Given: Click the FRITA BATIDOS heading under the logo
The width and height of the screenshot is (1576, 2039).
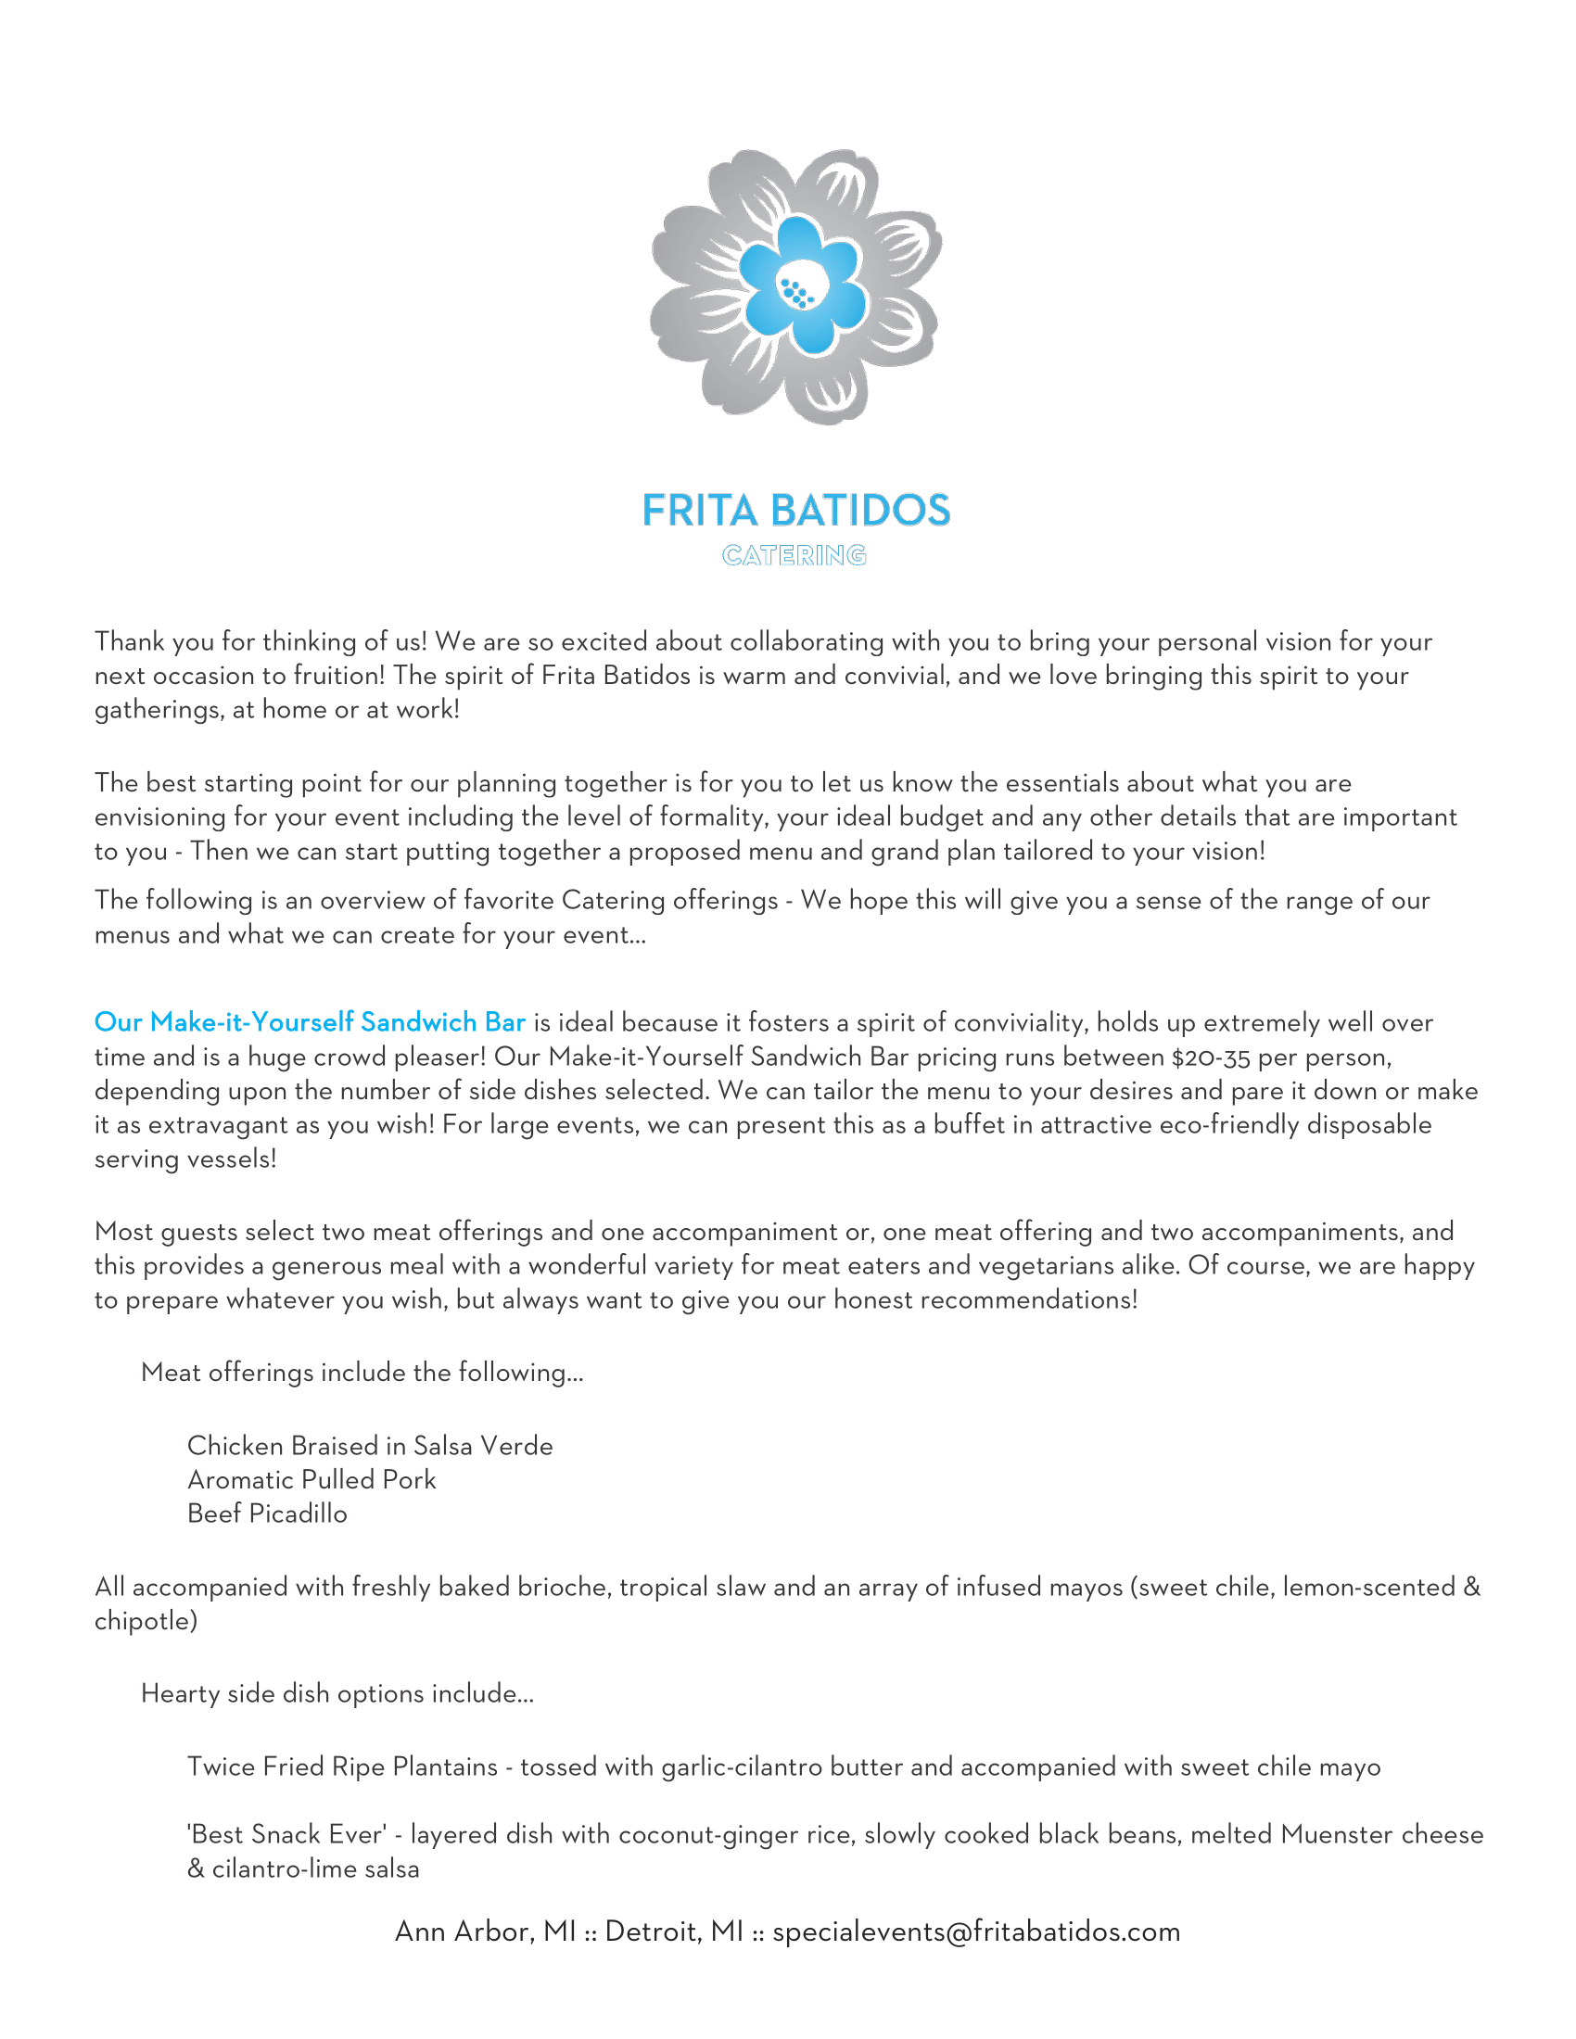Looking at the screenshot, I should [x=796, y=511].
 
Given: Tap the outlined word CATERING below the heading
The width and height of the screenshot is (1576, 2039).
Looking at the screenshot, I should [x=794, y=556].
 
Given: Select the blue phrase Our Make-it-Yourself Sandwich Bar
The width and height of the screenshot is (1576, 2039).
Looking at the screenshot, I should [x=310, y=1022].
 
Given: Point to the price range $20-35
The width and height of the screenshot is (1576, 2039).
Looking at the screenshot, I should [x=1211, y=1057].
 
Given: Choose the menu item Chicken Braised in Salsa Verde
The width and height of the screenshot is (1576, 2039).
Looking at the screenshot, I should [x=370, y=1446].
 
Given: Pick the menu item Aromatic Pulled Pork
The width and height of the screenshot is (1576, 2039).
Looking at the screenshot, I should [x=311, y=1480].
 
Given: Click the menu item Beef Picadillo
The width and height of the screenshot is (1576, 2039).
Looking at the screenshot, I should [x=267, y=1513].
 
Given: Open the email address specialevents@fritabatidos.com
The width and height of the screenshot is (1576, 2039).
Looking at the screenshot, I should [x=976, y=1931].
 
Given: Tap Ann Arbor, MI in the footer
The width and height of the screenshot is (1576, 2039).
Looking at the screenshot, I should [x=486, y=1931].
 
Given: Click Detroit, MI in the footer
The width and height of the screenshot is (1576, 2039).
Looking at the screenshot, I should [x=674, y=1931].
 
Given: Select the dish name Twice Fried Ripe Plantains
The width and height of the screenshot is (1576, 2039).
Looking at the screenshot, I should [x=343, y=1767].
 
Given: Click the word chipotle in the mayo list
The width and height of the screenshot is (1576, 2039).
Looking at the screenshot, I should [x=146, y=1621].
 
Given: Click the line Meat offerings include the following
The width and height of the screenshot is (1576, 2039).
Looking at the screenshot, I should [x=362, y=1373].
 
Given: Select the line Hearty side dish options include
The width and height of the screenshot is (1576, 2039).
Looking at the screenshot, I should [x=337, y=1693].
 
